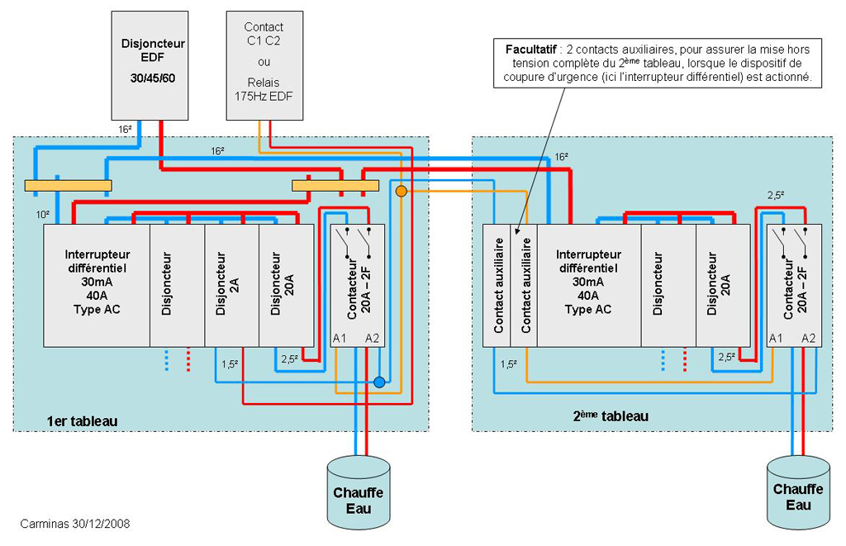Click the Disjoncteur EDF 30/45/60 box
coord(152,64)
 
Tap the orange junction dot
coord(401,192)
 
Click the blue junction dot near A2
coord(379,382)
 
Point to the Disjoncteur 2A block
coord(231,285)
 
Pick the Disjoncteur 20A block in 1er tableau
coord(286,285)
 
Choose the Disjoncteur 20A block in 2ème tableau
coord(723,285)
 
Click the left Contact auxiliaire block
coord(498,285)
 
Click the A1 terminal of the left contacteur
coord(340,338)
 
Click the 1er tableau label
coord(82,421)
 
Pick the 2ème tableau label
coord(611,415)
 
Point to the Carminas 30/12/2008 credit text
coord(74,524)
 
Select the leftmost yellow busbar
coord(68,185)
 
